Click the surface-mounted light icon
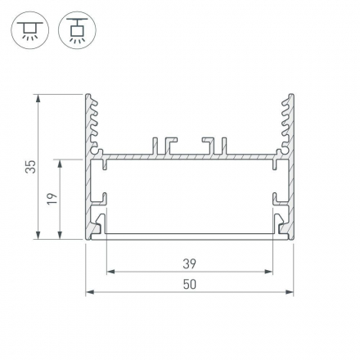click(x=29, y=30)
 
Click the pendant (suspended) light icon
click(x=77, y=30)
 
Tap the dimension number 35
click(x=30, y=167)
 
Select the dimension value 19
click(x=51, y=200)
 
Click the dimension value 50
click(x=189, y=284)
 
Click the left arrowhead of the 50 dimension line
click(x=90, y=290)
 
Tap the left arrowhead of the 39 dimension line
click(x=110, y=271)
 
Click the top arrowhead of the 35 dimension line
click(x=38, y=97)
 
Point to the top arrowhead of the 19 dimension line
click(x=61, y=163)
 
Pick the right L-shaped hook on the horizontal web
click(x=216, y=144)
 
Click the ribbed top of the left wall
click(x=91, y=119)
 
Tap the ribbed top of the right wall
click(x=287, y=119)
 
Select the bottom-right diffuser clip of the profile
click(x=279, y=223)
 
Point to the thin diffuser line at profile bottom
click(x=189, y=235)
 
